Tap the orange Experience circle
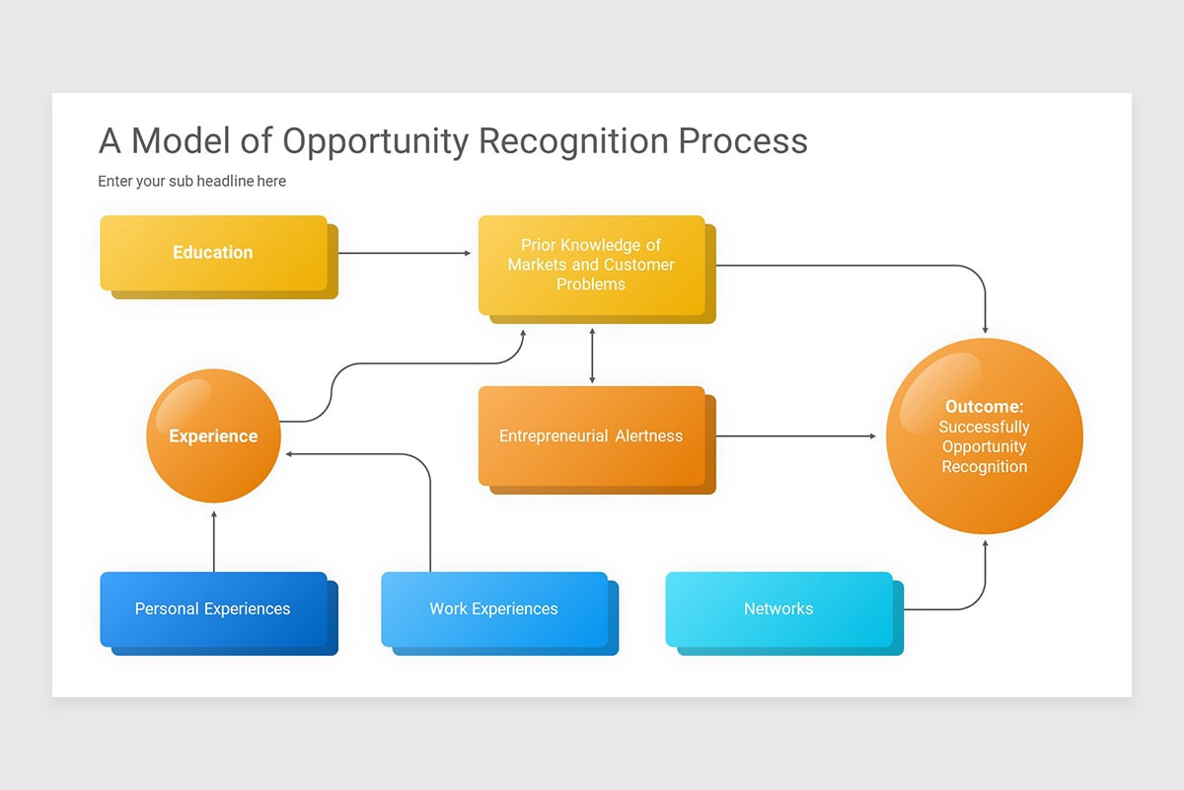(213, 435)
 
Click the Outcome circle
(985, 436)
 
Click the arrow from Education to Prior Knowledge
(405, 253)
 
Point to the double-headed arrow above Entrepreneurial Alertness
(592, 355)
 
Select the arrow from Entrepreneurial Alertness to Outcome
(796, 436)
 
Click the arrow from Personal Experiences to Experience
(214, 541)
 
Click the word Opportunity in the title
(376, 141)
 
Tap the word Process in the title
(743, 141)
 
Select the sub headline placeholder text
(191, 181)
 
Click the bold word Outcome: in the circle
(985, 407)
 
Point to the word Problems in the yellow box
(591, 284)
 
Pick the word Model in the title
(181, 141)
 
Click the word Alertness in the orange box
(649, 435)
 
